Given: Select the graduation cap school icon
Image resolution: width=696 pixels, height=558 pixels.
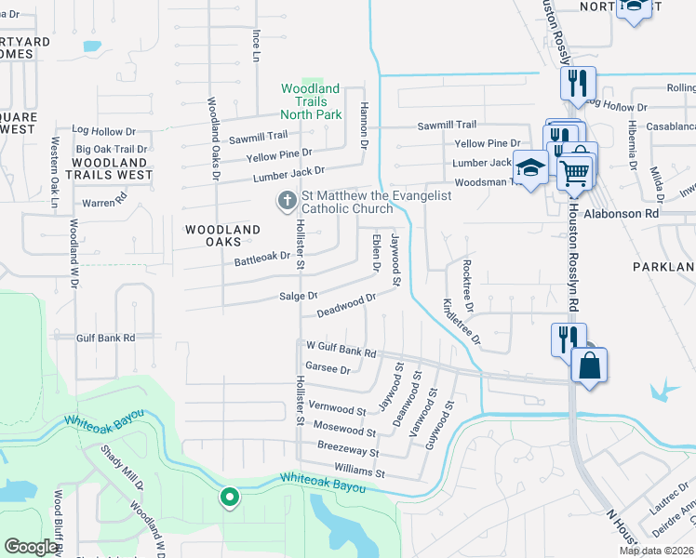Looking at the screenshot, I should pyautogui.click(x=530, y=167).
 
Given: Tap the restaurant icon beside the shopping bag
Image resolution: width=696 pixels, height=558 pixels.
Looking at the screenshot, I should pyautogui.click(x=569, y=338).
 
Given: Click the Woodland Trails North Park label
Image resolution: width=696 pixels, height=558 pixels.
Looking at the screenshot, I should pyautogui.click(x=312, y=101).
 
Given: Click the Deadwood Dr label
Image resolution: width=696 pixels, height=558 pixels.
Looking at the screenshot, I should pyautogui.click(x=346, y=304).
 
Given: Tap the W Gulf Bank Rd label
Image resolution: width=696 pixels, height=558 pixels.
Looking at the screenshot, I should pyautogui.click(x=341, y=349).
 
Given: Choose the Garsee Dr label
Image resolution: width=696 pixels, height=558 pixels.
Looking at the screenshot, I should pyautogui.click(x=327, y=368).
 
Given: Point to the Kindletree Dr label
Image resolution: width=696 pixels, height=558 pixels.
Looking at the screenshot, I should pyautogui.click(x=462, y=323).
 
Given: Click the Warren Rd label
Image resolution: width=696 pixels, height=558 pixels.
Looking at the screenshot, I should pyautogui.click(x=104, y=201).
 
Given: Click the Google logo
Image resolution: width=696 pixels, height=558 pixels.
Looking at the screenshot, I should pyautogui.click(x=32, y=547).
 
